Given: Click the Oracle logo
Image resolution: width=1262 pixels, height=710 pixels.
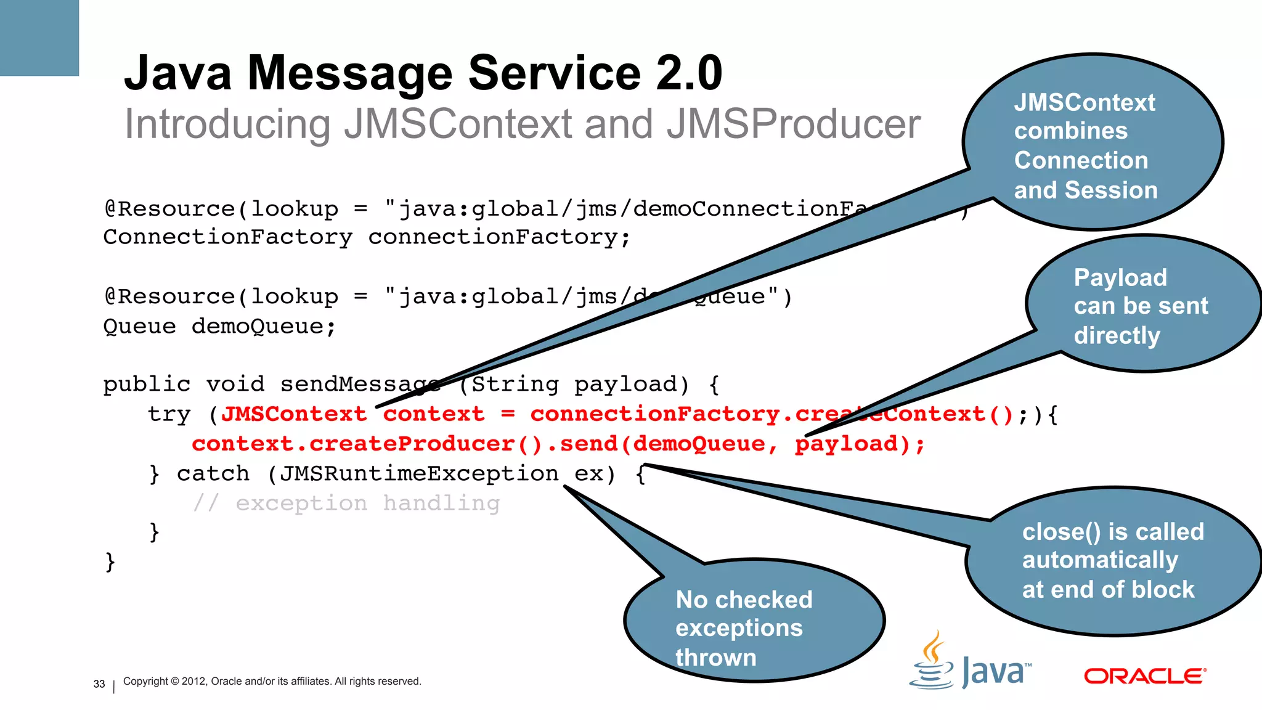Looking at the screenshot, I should pos(1145,676).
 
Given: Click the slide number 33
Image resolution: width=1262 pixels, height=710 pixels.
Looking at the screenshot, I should pos(99,684).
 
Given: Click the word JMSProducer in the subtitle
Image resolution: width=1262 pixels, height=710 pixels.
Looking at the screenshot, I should pos(793,124).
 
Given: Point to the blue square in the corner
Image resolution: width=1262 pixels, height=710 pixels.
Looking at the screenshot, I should pos(39,37).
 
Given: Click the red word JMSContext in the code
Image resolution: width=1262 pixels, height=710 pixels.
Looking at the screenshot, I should pos(294,414).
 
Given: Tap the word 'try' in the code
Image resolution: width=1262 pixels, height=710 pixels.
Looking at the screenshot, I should pos(169,414).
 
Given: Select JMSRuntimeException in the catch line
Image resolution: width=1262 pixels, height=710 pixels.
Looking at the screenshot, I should pos(419,473).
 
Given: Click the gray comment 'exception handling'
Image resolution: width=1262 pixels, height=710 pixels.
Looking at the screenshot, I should pos(367,504).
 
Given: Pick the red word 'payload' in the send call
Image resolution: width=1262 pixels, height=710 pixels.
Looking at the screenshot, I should pos(846,444).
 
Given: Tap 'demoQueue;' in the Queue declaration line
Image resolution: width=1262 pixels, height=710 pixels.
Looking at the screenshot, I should pos(264,326).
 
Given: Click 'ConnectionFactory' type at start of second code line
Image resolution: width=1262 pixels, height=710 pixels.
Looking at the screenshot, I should pos(228,237).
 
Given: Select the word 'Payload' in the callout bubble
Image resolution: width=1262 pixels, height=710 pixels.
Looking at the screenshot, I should pos(1120,278).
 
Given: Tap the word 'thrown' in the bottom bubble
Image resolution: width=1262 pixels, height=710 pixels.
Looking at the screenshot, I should pos(715,658).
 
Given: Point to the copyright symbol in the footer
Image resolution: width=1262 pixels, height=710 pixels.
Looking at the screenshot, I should pos(175,682).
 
